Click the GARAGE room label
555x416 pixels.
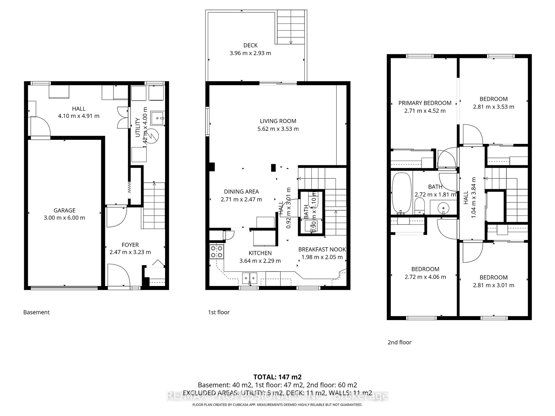pyautogui.click(x=64, y=210)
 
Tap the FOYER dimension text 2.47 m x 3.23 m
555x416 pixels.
pyautogui.click(x=130, y=252)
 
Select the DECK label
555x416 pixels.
pyautogui.click(x=250, y=45)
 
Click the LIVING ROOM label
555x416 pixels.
pyautogui.click(x=278, y=121)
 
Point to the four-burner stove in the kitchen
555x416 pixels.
pyautogui.click(x=217, y=251)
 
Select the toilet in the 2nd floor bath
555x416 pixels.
pyautogui.click(x=419, y=206)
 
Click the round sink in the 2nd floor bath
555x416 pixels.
pyautogui.click(x=443, y=207)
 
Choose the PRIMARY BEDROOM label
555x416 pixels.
pyautogui.click(x=425, y=103)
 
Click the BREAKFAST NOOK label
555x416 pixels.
pyautogui.click(x=322, y=249)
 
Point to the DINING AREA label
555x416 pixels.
pyautogui.click(x=241, y=192)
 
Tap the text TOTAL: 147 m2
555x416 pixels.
pyautogui.click(x=277, y=377)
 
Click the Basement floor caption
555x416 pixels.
pyautogui.click(x=36, y=312)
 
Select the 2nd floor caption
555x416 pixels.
pyautogui.click(x=399, y=342)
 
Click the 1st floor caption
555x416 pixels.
pyautogui.click(x=219, y=312)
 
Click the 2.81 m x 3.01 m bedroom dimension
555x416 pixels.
pyautogui.click(x=493, y=285)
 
